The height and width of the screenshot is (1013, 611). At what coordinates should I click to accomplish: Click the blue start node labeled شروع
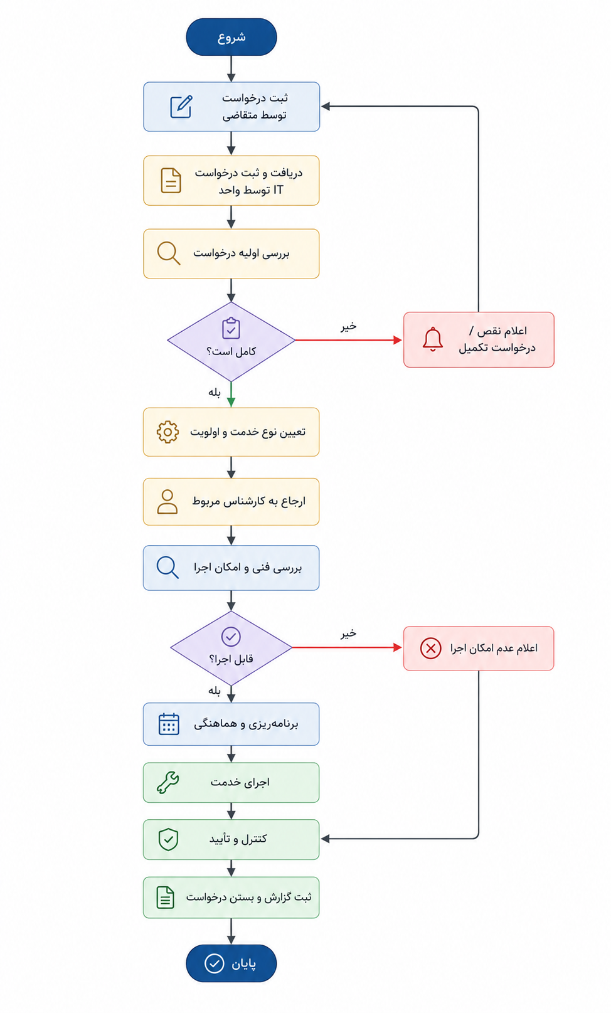[231, 37]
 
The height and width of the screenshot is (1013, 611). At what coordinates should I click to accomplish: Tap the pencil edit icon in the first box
[181, 107]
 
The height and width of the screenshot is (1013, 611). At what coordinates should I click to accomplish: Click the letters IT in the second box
[278, 190]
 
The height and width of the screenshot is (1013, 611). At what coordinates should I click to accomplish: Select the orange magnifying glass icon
[169, 253]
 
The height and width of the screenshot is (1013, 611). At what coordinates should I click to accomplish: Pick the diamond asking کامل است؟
[231, 341]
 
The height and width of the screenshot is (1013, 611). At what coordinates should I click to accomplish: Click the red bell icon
[432, 339]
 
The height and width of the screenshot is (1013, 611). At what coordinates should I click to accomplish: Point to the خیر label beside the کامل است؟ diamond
[348, 327]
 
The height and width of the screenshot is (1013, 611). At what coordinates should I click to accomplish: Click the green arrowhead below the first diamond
[231, 403]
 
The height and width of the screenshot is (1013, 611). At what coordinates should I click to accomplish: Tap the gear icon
[167, 432]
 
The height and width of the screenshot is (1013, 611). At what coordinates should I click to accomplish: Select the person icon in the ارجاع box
[167, 502]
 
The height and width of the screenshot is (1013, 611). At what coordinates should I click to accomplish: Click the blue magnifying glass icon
[167, 567]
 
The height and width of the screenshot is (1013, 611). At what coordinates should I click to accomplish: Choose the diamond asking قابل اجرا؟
[231, 648]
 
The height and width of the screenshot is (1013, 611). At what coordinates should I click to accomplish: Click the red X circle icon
[430, 648]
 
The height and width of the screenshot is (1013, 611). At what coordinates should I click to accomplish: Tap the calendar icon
[169, 724]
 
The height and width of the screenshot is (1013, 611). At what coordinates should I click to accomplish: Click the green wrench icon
[167, 782]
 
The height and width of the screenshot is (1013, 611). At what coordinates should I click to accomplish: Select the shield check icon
[168, 839]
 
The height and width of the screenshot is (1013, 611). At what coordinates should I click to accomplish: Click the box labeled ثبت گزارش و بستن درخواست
[231, 898]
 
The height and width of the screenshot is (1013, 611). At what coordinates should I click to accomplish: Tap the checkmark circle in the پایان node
[214, 963]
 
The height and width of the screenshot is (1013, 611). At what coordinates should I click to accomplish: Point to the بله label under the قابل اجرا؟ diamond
[215, 691]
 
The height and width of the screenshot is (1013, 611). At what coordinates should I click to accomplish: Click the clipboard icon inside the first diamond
[231, 328]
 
